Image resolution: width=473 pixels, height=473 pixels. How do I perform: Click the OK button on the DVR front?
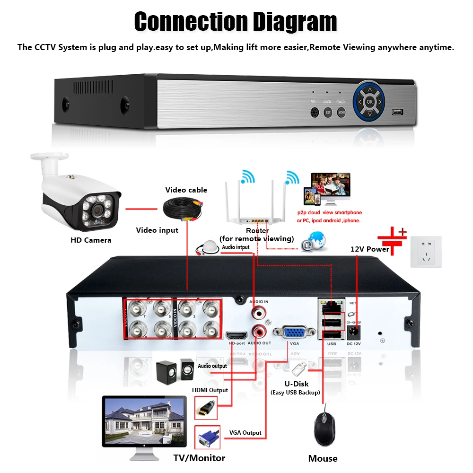tap(370, 101)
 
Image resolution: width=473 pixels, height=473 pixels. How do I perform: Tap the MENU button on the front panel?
tap(342, 113)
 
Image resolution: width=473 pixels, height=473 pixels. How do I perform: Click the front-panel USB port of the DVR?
tap(397, 113)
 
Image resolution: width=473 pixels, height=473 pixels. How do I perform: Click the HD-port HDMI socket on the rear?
tap(236, 334)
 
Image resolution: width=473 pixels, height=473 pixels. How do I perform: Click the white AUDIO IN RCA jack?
tap(258, 312)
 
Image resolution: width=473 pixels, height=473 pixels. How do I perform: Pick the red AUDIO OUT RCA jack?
tap(258, 330)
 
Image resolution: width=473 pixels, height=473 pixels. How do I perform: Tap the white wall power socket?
tap(426, 253)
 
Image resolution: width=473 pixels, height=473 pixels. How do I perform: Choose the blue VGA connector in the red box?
tap(207, 437)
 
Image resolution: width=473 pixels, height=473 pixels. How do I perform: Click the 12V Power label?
tap(369, 249)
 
